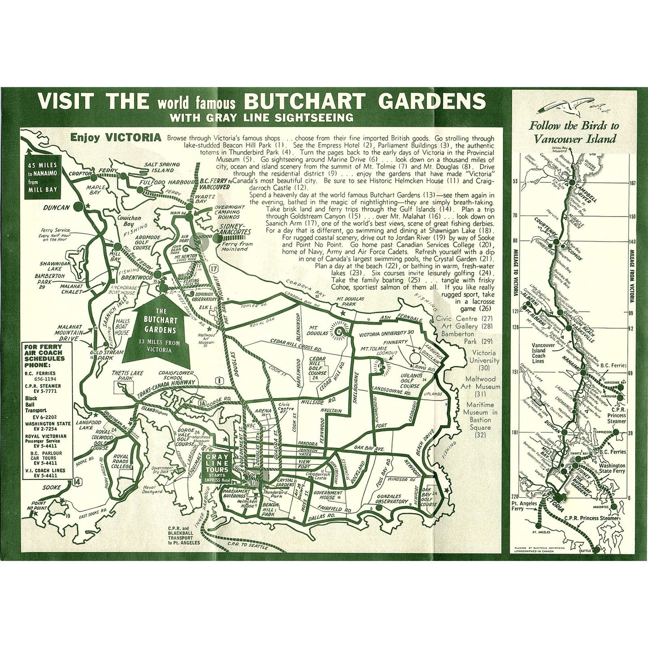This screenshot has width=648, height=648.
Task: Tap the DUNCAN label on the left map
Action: tap(57, 208)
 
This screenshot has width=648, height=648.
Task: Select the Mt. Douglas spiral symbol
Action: tap(343, 331)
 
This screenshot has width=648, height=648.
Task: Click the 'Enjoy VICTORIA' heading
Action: tap(116, 137)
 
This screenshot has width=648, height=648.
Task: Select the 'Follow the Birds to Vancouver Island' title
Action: tap(574, 132)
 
